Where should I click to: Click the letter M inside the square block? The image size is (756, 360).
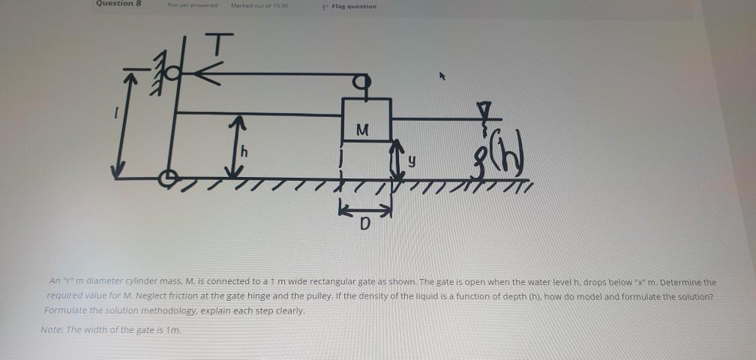tap(363, 128)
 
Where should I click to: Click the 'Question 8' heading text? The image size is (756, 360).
tap(118, 4)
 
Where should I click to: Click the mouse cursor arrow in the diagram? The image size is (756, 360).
tap(443, 76)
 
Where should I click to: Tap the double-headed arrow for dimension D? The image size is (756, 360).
tap(363, 205)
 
